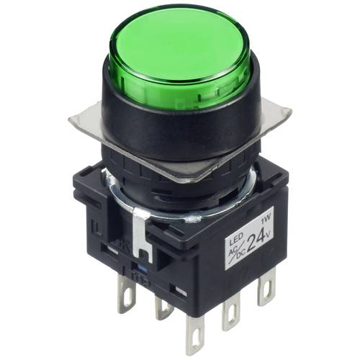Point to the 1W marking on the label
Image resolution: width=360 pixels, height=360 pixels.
(268, 215)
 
